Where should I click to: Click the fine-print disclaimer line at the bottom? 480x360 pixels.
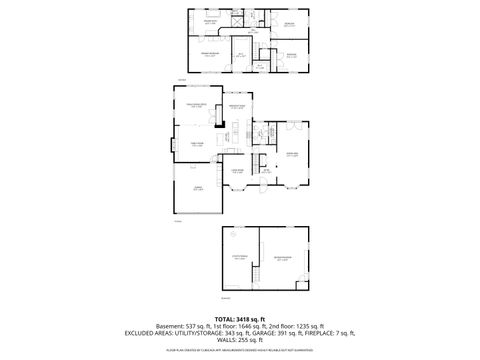pyautogui.click(x=240, y=353)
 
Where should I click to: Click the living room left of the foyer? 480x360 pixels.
pyautogui.click(x=239, y=171)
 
